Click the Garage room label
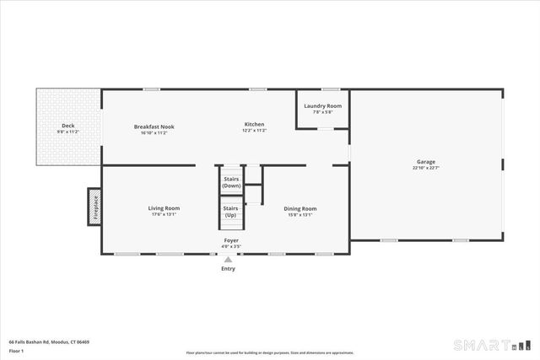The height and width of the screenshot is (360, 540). pyautogui.click(x=425, y=162)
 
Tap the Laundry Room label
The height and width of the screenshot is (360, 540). pyautogui.click(x=322, y=106)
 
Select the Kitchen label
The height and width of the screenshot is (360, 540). pyautogui.click(x=255, y=125)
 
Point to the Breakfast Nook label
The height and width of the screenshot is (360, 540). pyautogui.click(x=154, y=126)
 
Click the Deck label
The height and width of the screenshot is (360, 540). pyautogui.click(x=67, y=126)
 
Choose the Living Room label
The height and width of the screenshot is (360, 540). pyautogui.click(x=165, y=208)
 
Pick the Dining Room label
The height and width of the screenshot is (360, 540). pyautogui.click(x=300, y=208)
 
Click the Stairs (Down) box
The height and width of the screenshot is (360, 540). pyautogui.click(x=231, y=181)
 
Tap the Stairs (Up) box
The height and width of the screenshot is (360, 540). pyautogui.click(x=231, y=211)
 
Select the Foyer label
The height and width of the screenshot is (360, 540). pyautogui.click(x=230, y=240)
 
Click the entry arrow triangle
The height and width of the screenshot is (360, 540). pyautogui.click(x=228, y=260)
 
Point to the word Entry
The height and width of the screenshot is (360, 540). pyautogui.click(x=228, y=269)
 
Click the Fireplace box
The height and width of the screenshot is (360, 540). pyautogui.click(x=94, y=207)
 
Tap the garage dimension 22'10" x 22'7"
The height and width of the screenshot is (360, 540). pyautogui.click(x=425, y=168)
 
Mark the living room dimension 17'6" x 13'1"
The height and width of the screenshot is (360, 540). pyautogui.click(x=165, y=214)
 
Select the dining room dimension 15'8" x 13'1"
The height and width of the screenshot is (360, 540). pyautogui.click(x=300, y=214)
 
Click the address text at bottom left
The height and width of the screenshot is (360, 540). pyautogui.click(x=49, y=341)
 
